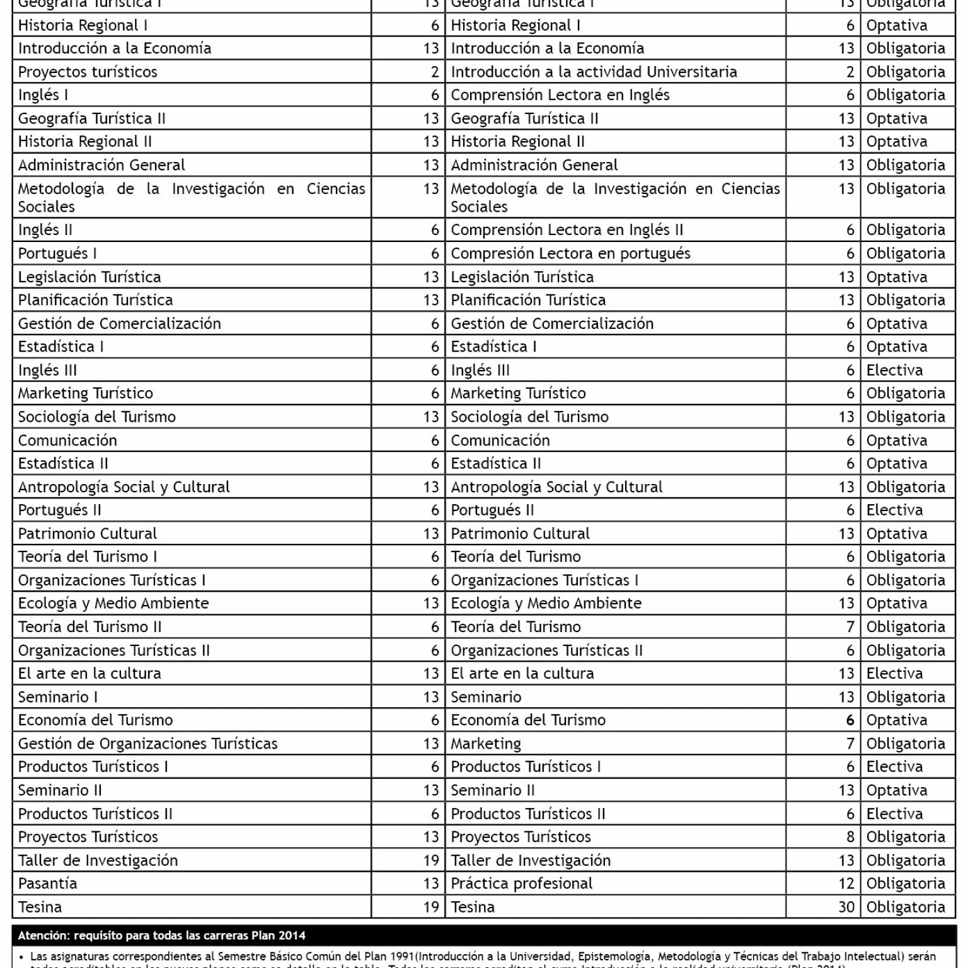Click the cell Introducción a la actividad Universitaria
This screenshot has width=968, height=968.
[x=594, y=72]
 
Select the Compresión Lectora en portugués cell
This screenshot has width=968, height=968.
[x=570, y=253]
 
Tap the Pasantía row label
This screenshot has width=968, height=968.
[x=48, y=884]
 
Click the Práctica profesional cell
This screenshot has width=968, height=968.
[x=521, y=884]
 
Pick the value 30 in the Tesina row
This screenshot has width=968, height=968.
[x=846, y=907]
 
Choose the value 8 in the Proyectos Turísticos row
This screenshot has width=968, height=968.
[x=850, y=837]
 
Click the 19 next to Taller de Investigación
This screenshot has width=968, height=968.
[x=431, y=860]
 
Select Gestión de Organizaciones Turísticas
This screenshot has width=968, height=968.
[x=147, y=744]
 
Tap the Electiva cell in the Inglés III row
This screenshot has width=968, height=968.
[x=894, y=370]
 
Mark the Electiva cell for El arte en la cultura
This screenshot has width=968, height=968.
[x=894, y=673]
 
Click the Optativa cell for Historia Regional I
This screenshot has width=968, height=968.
[x=896, y=26]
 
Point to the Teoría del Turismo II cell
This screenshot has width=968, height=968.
[x=89, y=627]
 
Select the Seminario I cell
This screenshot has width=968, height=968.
[x=58, y=697]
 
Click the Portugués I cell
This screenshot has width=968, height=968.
[x=57, y=253]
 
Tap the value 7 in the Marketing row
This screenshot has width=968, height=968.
[x=850, y=744]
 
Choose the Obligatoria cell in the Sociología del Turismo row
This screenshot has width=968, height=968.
[x=906, y=417]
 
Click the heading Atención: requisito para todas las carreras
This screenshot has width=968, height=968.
[x=161, y=935]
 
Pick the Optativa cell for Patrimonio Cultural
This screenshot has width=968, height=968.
[x=896, y=534]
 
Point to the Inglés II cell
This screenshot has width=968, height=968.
[x=45, y=230]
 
